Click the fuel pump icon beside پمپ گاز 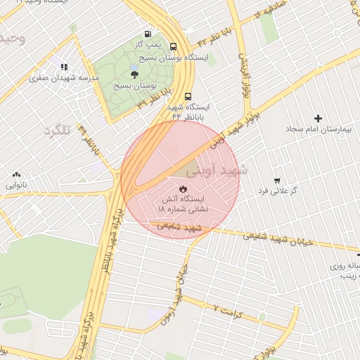tap(148, 34)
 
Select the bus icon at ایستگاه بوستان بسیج tap(174, 46)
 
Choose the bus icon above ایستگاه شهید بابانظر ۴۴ tap(188, 96)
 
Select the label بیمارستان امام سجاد tap(318, 130)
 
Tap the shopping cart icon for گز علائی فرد tap(277, 180)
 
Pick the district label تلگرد tap(58, 131)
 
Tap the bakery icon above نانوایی tap(16, 174)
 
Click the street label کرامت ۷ tap(227, 310)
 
